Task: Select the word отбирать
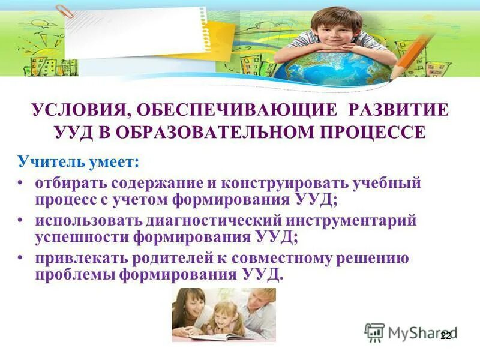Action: pos(65,182)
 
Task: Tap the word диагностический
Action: pos(197,220)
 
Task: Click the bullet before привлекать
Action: pos(22,259)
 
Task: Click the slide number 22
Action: pos(445,336)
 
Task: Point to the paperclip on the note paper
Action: pos(62,10)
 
